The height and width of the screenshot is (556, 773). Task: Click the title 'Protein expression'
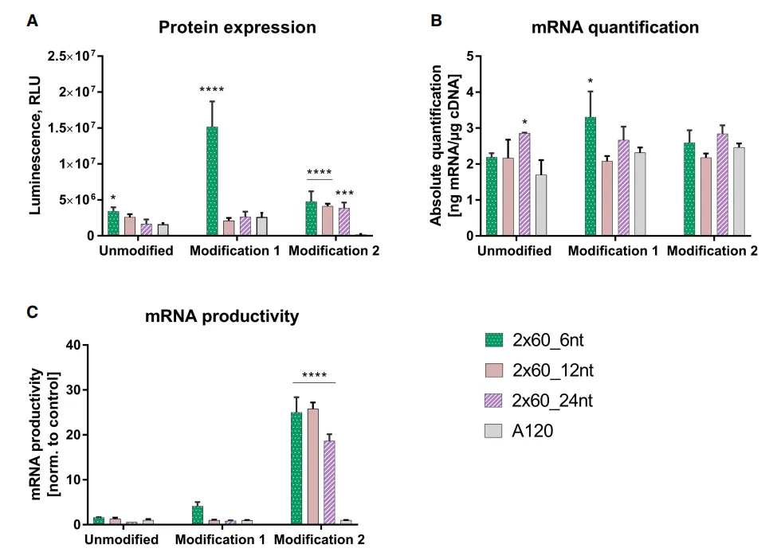pos(237,28)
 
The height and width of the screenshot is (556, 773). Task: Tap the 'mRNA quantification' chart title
pos(614,28)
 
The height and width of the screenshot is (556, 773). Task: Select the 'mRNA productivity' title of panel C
pos(222,316)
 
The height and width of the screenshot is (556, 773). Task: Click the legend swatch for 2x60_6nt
pos(495,341)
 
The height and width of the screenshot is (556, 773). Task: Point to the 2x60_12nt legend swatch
pos(495,371)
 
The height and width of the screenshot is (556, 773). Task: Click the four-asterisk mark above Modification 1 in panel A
pos(213,89)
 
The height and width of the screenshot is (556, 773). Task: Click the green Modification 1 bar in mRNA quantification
pos(591,176)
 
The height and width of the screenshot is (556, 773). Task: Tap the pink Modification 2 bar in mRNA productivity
pos(312,466)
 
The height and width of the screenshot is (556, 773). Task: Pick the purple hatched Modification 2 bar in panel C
pos(329,482)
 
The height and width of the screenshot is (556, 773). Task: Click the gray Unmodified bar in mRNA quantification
pos(541,205)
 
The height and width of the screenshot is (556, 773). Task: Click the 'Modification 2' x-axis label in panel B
pos(712,251)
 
